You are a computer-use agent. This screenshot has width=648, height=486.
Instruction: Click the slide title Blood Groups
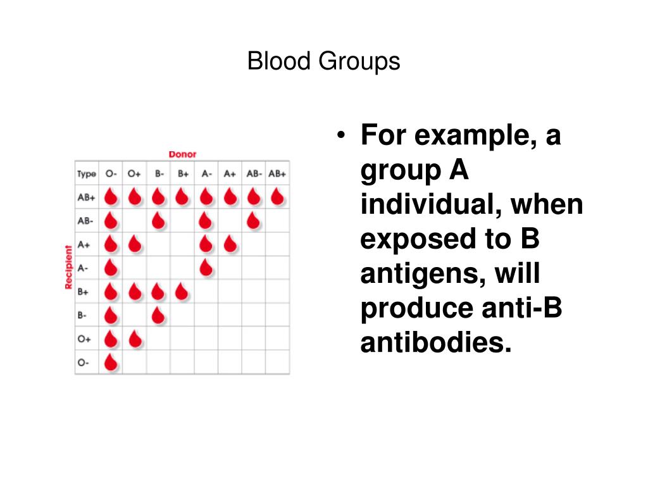coord(323,62)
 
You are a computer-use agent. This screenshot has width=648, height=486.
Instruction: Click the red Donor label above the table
coord(182,154)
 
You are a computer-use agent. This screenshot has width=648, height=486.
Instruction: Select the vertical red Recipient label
coord(69,267)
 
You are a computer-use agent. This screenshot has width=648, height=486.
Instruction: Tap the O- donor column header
coord(111,173)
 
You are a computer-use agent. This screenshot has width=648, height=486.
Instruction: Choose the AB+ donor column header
coord(277,173)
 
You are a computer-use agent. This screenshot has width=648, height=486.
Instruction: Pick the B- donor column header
coord(158,173)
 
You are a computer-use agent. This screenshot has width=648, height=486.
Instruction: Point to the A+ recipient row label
coord(84,244)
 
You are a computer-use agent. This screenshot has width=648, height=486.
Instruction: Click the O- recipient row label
coord(84,363)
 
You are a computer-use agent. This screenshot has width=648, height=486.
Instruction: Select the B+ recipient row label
coord(84,292)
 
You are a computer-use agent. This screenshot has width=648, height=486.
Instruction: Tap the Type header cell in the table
coord(86,173)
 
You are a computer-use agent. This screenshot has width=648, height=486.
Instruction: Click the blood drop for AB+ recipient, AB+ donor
coord(277,197)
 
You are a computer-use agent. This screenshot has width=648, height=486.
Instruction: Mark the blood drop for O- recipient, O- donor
coord(111,363)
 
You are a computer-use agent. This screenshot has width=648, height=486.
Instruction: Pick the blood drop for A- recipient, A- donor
coord(206,268)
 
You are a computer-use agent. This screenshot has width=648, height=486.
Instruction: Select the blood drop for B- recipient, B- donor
coord(158,315)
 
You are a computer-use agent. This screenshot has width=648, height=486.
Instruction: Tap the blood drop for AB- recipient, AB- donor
coord(253,220)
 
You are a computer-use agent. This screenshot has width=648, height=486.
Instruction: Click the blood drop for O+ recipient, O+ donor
coord(134,339)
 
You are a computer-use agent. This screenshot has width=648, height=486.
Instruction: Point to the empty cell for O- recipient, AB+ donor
coord(277,363)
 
